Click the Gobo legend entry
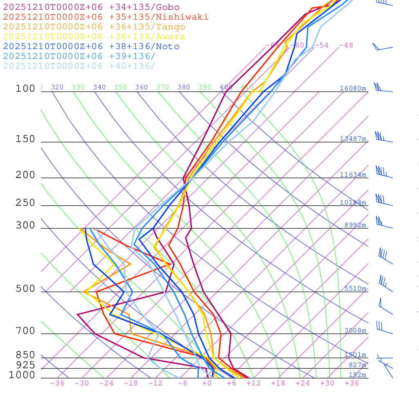point(91,7)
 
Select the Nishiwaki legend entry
point(106,17)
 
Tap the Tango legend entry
point(94,27)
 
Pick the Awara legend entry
point(94,37)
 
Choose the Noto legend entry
point(91,47)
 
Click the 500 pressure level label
point(25,289)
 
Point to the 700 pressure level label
point(25,331)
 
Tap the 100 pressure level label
point(25,89)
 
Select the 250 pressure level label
point(25,203)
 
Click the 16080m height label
point(353,88)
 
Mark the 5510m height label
point(355,288)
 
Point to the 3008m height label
point(355,331)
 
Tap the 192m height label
point(357,375)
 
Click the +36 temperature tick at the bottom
point(352,383)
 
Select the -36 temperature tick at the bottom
point(57,383)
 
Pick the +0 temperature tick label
point(207,383)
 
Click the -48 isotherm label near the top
point(346,45)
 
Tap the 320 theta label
point(57,87)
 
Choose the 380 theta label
point(184,87)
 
